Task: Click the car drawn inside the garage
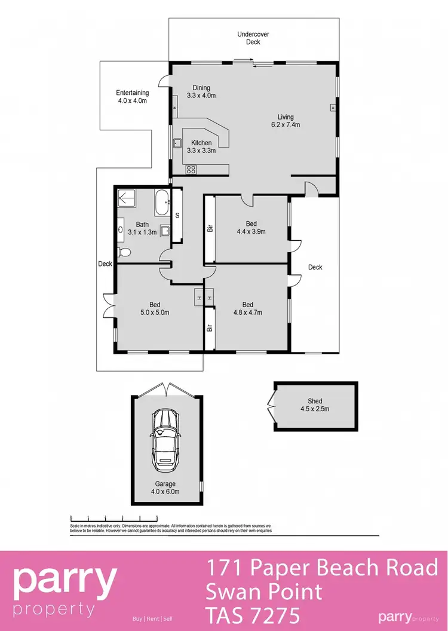click(x=165, y=440)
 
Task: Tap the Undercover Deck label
click(x=253, y=38)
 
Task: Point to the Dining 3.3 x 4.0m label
click(x=201, y=91)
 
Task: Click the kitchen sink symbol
click(x=177, y=143)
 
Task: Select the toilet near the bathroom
click(x=124, y=253)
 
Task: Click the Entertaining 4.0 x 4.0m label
click(x=132, y=97)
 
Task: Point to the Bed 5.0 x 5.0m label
click(x=155, y=308)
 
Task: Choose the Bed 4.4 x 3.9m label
click(x=251, y=228)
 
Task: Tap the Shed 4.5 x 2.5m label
click(x=315, y=405)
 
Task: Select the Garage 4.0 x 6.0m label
click(x=165, y=488)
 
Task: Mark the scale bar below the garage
click(x=113, y=517)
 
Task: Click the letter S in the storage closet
click(x=177, y=215)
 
